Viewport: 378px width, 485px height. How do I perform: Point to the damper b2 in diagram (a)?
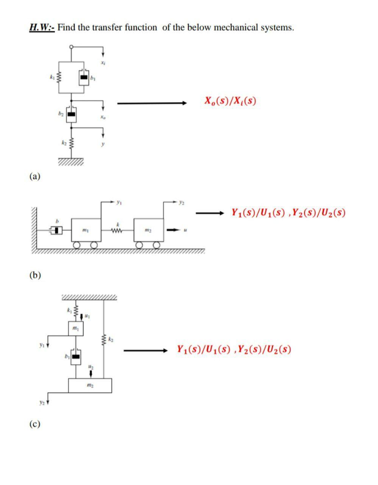click(71, 114)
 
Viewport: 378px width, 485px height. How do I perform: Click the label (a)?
click(34, 176)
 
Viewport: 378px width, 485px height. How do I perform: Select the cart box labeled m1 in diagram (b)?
click(86, 230)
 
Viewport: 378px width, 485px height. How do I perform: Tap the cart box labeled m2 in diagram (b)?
click(148, 230)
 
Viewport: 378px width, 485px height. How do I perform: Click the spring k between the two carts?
click(117, 230)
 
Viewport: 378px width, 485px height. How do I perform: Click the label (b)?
click(35, 275)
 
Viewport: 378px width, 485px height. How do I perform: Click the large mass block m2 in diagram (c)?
click(90, 385)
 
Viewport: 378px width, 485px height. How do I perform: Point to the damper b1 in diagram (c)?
click(76, 357)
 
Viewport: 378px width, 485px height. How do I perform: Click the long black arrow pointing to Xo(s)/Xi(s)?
click(152, 103)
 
